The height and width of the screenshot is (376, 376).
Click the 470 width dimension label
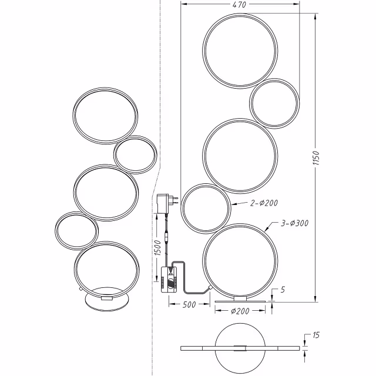pos(239,5)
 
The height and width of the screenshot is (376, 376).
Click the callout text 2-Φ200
pos(263,203)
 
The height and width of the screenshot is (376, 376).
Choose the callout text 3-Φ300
pos(295,223)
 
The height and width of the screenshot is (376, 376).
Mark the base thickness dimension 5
pos(283,290)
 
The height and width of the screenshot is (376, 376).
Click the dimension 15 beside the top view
pos(316,336)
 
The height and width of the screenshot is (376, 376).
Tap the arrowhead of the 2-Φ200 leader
pos(230,204)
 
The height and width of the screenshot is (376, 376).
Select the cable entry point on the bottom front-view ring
pos(211,288)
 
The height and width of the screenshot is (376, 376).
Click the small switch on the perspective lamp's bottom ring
pos(78,288)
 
